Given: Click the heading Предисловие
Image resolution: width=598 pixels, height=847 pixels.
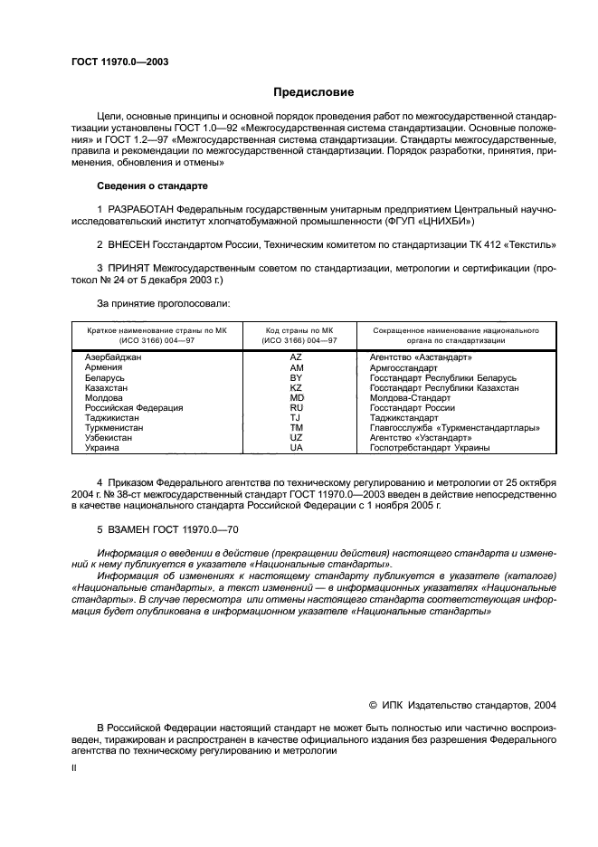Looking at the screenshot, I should coord(314,92).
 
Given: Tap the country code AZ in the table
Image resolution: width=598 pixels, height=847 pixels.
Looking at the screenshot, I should coord(296,358).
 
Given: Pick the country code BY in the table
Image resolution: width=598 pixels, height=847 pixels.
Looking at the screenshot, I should coord(296,377).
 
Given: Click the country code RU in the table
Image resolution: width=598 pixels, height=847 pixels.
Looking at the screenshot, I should coord(296,408).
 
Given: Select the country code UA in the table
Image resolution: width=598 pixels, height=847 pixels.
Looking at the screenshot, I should coord(296,448).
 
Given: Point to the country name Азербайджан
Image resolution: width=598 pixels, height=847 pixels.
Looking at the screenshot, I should coord(113,358).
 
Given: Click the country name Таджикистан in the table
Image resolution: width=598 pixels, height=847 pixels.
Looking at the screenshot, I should coord(112,418).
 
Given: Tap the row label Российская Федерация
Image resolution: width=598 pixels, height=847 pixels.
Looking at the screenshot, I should coord(133,408).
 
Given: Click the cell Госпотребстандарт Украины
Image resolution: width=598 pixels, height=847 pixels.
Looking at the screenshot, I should coord(430,448).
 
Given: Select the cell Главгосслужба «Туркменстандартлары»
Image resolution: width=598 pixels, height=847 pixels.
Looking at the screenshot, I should coord(455,428).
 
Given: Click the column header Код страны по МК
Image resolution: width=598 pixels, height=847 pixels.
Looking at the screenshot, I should coord(300,331).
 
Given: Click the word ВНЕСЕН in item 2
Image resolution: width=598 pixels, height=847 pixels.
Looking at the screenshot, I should coord(132,244).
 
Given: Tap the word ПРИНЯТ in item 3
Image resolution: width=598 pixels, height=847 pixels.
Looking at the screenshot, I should coord(132,269).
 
